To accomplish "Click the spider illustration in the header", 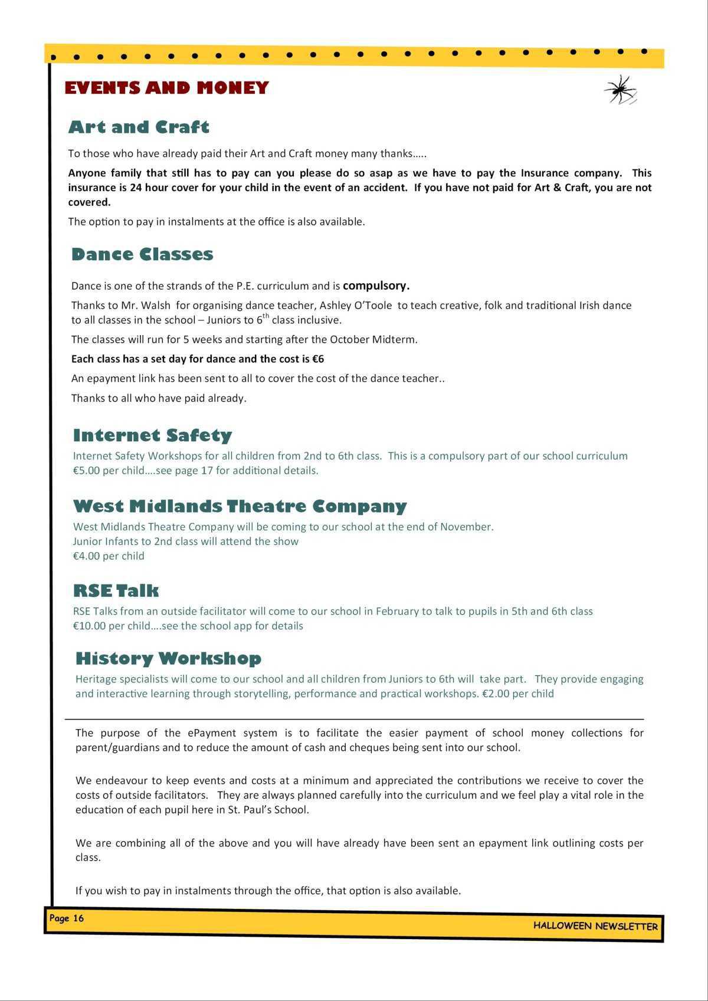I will pyautogui.click(x=620, y=90).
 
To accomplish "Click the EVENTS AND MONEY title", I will pyautogui.click(x=166, y=88).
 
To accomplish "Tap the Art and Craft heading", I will pyautogui.click(x=139, y=127).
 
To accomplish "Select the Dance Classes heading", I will pyautogui.click(x=142, y=254).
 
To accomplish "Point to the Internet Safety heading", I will pyautogui.click(x=152, y=435).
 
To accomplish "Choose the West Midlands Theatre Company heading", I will pyautogui.click(x=240, y=506).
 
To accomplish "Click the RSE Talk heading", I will pyautogui.click(x=116, y=590).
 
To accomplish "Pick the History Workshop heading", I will pyautogui.click(x=168, y=658).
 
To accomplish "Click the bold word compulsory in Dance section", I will pyautogui.click(x=376, y=285).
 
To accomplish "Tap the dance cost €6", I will pyautogui.click(x=318, y=359).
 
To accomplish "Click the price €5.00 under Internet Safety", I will pyautogui.click(x=86, y=471).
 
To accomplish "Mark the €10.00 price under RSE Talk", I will pyautogui.click(x=89, y=626).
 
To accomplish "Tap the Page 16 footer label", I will pyautogui.click(x=67, y=918).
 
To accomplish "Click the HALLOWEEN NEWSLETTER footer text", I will pyautogui.click(x=595, y=925).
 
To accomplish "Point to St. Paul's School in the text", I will pyautogui.click(x=268, y=809).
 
